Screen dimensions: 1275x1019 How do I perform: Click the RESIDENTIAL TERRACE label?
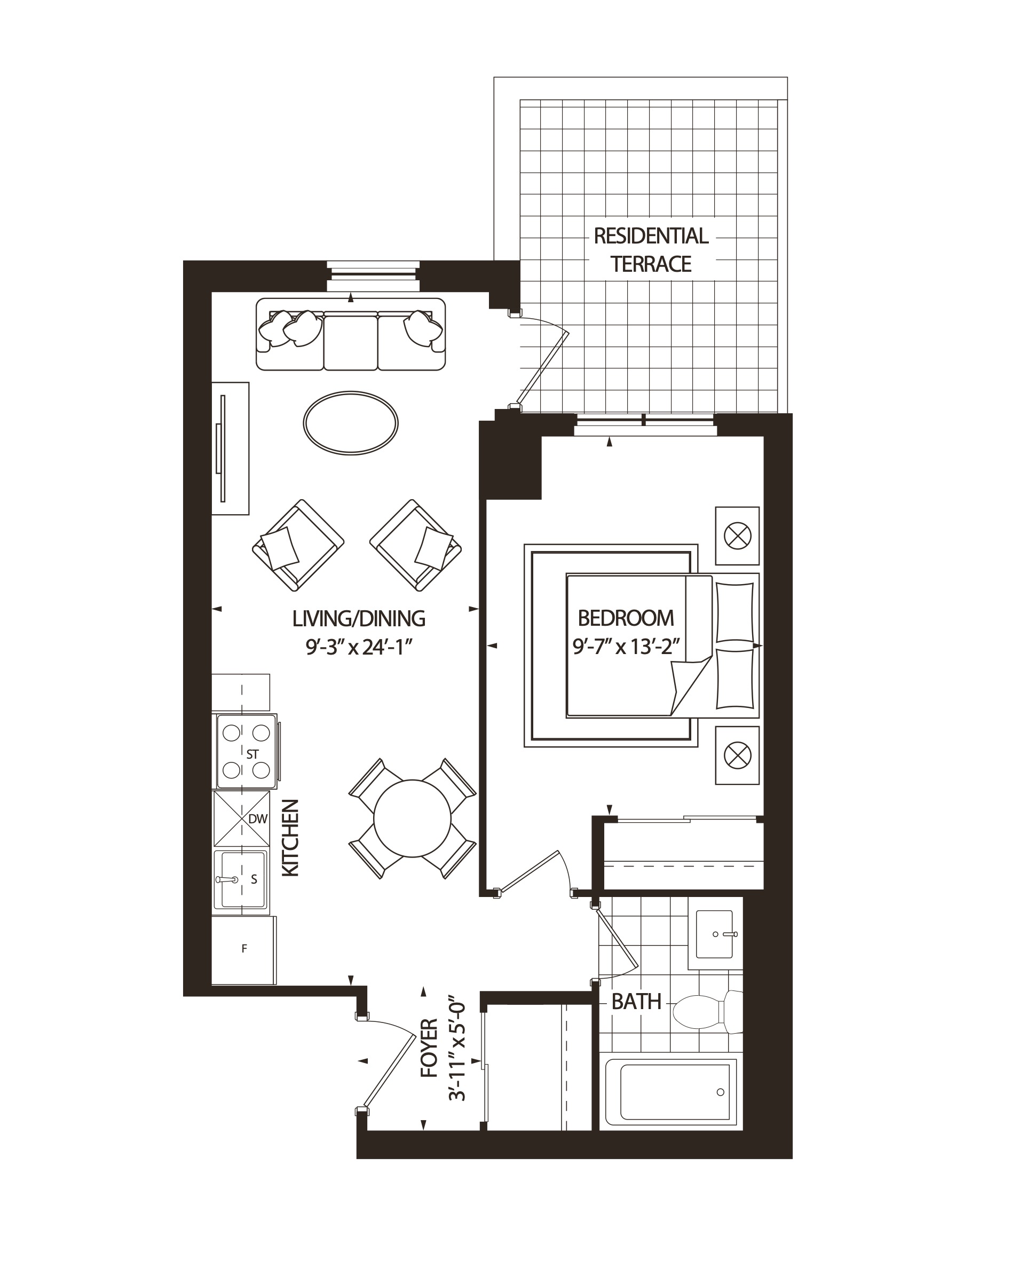[x=650, y=249]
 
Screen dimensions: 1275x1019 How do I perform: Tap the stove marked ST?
[x=246, y=751]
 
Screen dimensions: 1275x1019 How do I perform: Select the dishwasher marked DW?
[x=241, y=818]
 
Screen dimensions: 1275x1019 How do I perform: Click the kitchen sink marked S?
[x=241, y=879]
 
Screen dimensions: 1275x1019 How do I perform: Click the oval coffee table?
[x=351, y=423]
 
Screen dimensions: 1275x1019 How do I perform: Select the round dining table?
[x=412, y=818]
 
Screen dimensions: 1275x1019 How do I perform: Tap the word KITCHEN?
[x=290, y=838]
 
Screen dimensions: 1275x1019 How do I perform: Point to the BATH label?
[x=636, y=1002]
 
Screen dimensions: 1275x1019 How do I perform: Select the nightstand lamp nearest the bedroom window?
[x=737, y=536]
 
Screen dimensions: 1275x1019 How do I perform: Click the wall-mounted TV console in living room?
[x=230, y=448]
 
